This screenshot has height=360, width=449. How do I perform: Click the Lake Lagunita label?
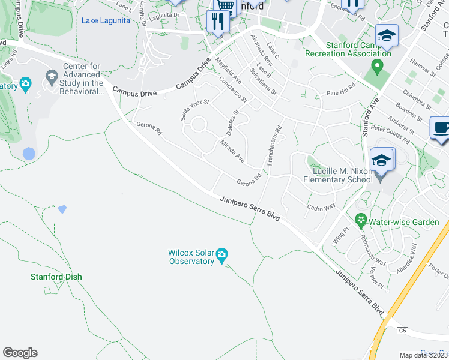click(105, 20)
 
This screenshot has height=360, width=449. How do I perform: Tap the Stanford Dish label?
click(56, 277)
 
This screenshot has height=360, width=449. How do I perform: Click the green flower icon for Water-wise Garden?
click(361, 221)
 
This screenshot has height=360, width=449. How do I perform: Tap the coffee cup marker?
click(440, 128)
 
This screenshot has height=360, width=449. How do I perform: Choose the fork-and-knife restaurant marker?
click(216, 21)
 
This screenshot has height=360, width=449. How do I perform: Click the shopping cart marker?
click(225, 5)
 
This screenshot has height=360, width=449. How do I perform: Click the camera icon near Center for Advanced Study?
click(25, 85)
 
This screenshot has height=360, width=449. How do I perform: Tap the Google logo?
click(20, 353)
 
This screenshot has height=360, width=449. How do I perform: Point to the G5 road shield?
click(402, 331)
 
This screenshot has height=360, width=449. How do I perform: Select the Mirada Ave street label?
click(233, 151)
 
